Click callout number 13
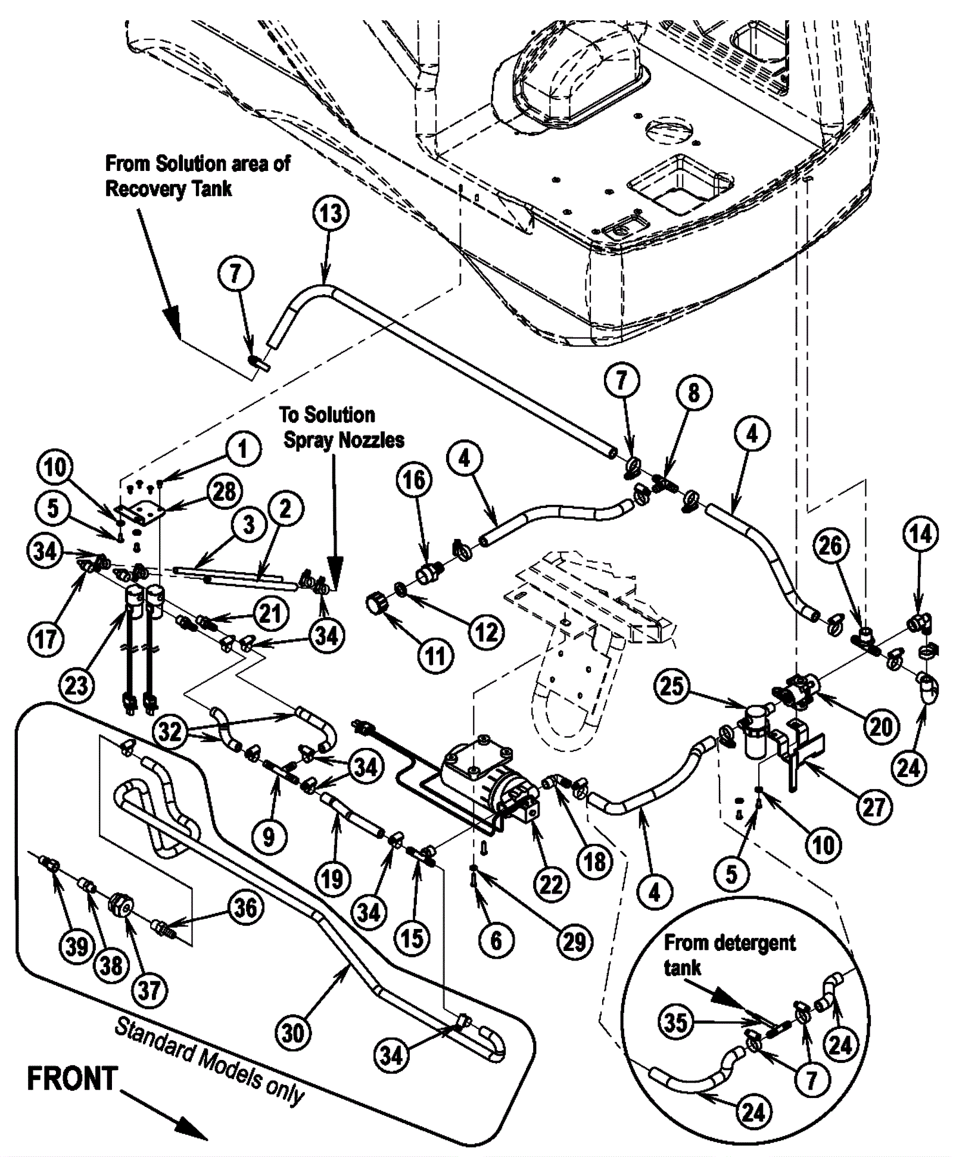tap(331, 213)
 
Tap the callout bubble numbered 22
tap(551, 885)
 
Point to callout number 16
tap(414, 480)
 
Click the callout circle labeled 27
tap(874, 807)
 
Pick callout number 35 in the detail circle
tap(676, 1022)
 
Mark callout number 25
tap(671, 686)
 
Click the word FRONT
tap(72, 1079)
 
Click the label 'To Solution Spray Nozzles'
tap(342, 427)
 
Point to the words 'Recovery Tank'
tap(169, 189)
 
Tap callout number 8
tap(693, 392)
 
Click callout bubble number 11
tap(435, 657)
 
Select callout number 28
tap(224, 491)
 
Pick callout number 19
tap(332, 879)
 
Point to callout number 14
tap(920, 534)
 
